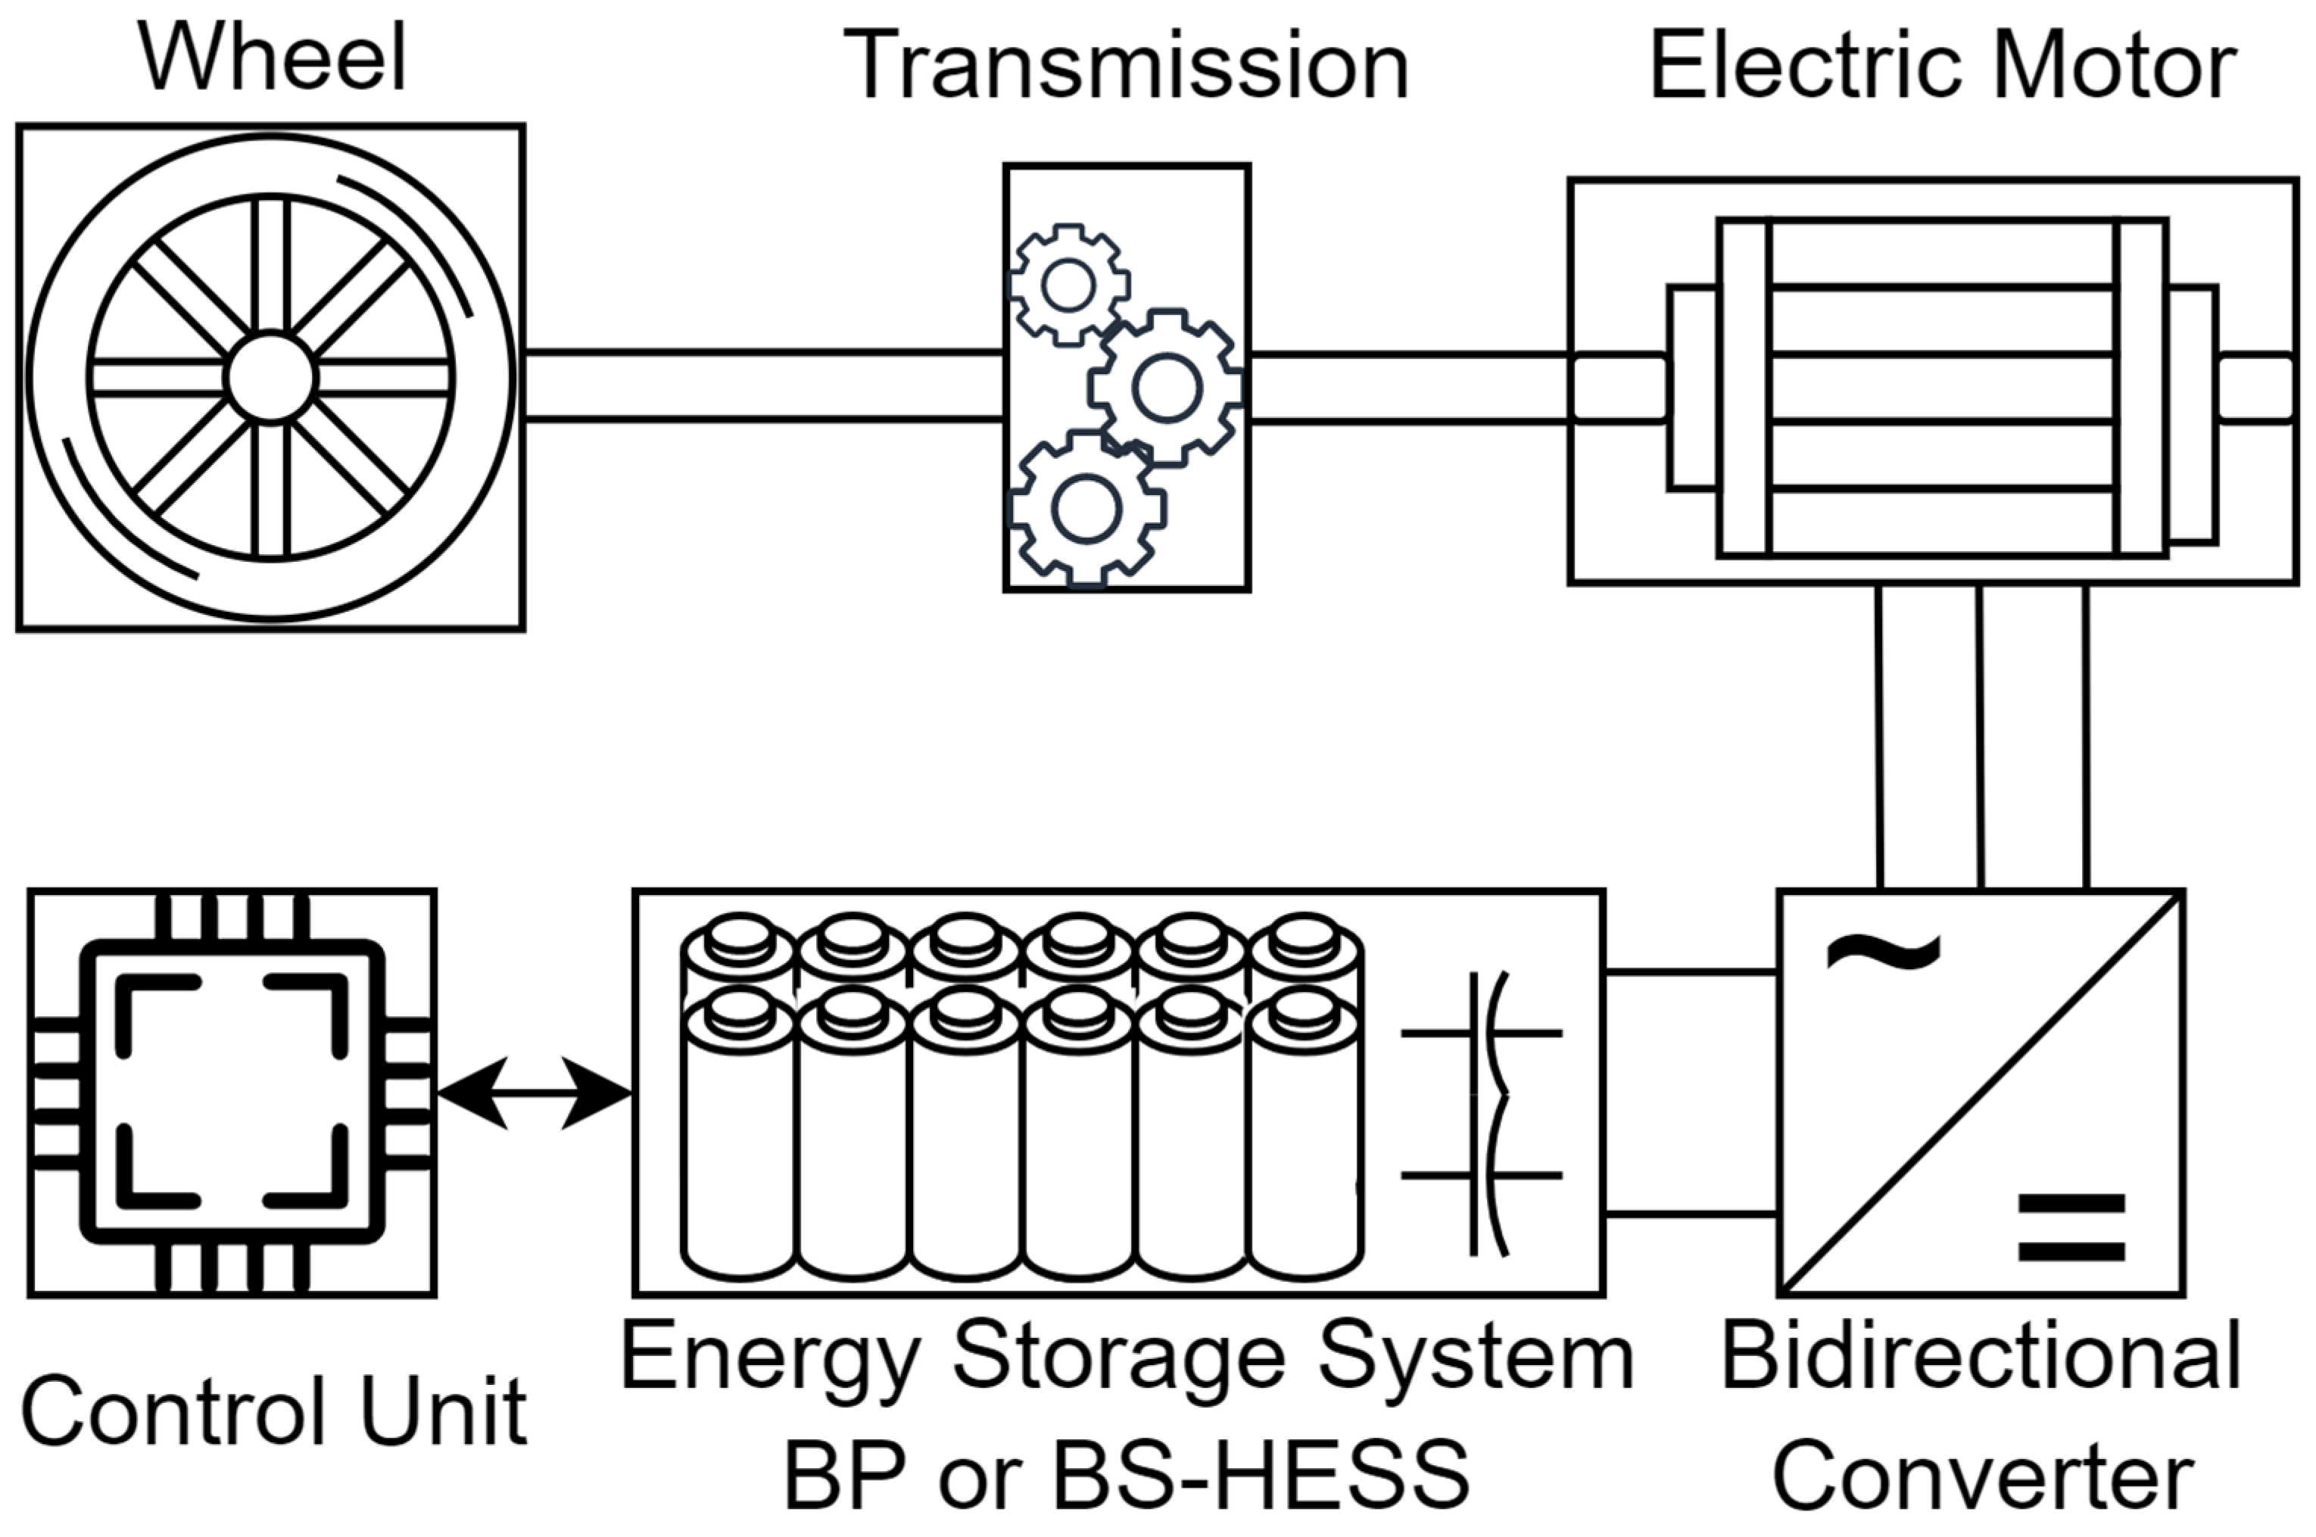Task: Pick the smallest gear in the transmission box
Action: [x=1068, y=285]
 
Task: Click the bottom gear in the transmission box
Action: [x=1086, y=509]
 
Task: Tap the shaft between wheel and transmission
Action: [x=765, y=385]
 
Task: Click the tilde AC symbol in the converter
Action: [x=1883, y=951]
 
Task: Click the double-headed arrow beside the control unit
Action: [x=535, y=1093]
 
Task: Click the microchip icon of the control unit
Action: [x=232, y=1093]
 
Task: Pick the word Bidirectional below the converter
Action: [x=1981, y=1358]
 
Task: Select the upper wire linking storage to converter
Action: [x=1691, y=972]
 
